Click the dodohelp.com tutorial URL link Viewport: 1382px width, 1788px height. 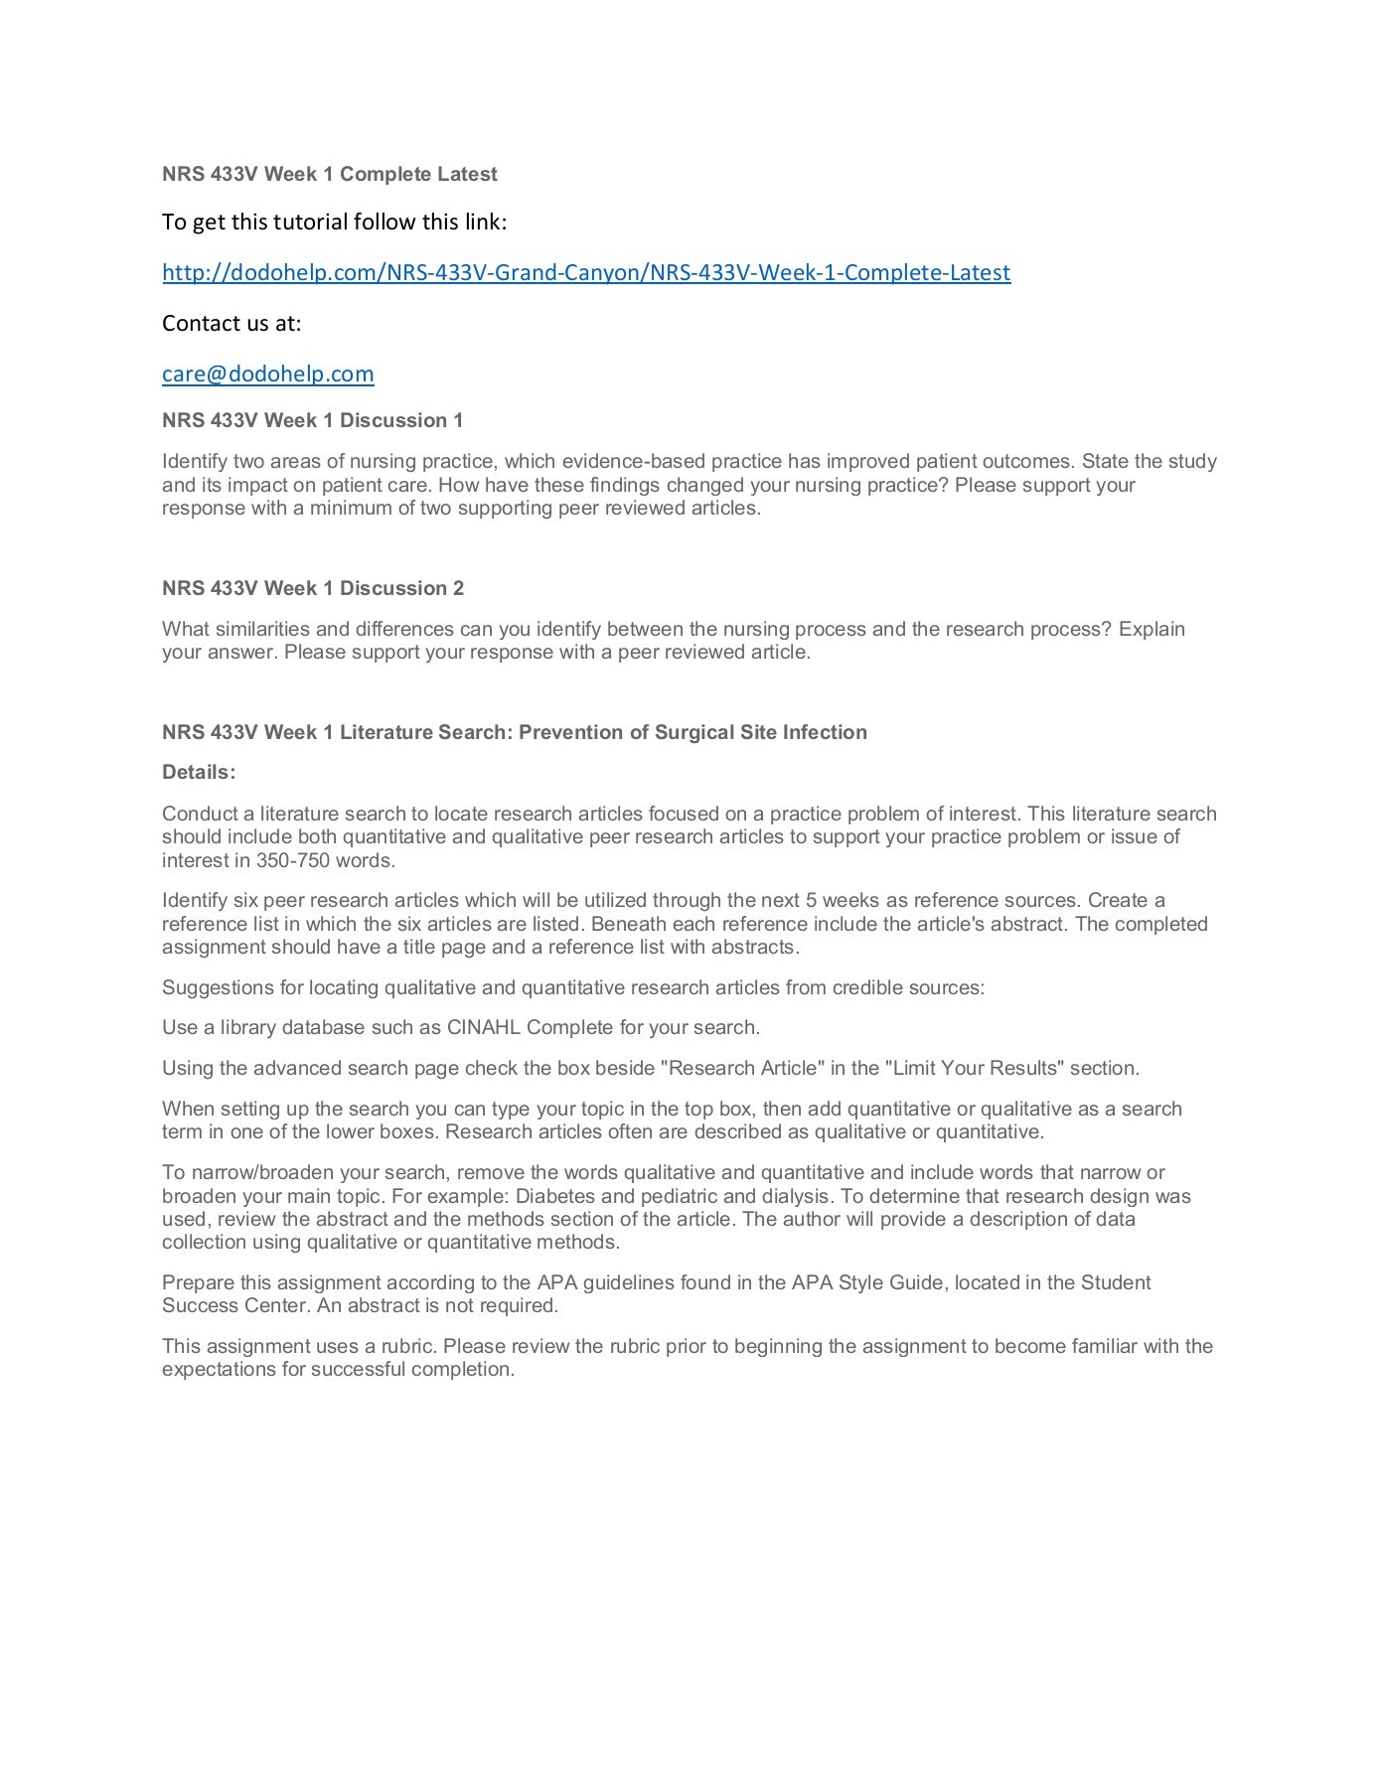click(586, 272)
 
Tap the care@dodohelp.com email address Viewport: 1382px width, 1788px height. click(268, 373)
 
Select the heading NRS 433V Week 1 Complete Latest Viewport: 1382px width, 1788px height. click(330, 174)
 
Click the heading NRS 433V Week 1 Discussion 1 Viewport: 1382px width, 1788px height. click(313, 420)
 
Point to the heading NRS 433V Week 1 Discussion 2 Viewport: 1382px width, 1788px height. click(313, 588)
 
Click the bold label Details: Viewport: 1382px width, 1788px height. click(199, 772)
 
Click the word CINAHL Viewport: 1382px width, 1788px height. click(484, 1027)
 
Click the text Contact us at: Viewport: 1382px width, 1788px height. click(231, 323)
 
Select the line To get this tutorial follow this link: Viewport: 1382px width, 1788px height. click(335, 222)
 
